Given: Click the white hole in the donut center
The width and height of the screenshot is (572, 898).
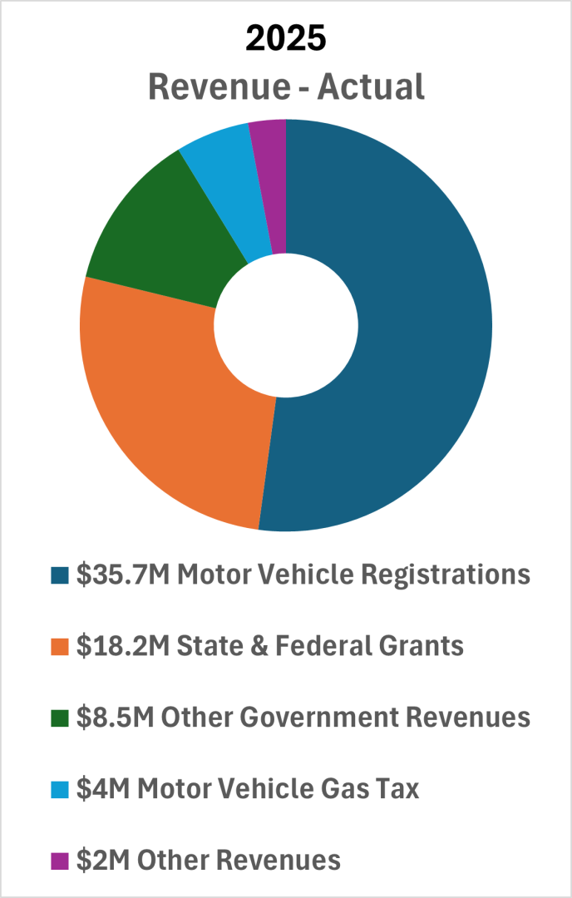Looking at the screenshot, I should tap(285, 324).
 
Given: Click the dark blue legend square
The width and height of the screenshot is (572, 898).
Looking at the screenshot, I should tap(60, 575).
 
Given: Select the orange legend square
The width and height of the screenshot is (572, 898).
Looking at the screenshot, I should tap(60, 646).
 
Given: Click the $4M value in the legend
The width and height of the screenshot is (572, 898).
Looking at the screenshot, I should tap(101, 787).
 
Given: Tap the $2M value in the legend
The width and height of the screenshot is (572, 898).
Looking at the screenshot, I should tap(101, 859).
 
